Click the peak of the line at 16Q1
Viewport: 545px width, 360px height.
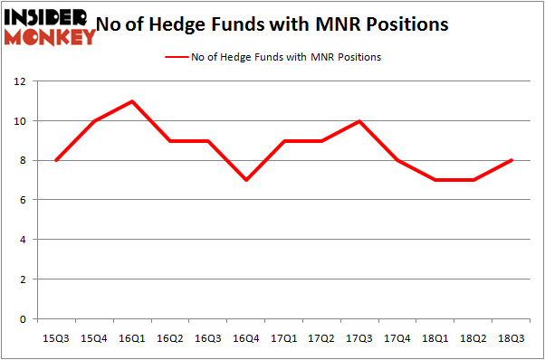coord(133,101)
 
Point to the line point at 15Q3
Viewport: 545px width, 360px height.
coord(56,160)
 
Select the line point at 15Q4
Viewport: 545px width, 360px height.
coord(94,121)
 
